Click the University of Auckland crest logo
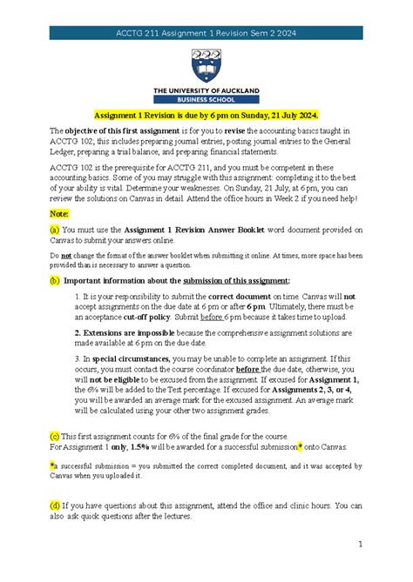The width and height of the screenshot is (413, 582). [x=206, y=63]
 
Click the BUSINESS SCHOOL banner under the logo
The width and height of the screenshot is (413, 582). [x=206, y=98]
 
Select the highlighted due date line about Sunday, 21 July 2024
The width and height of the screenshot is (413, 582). [x=206, y=116]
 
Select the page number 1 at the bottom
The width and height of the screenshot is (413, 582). [x=358, y=544]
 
